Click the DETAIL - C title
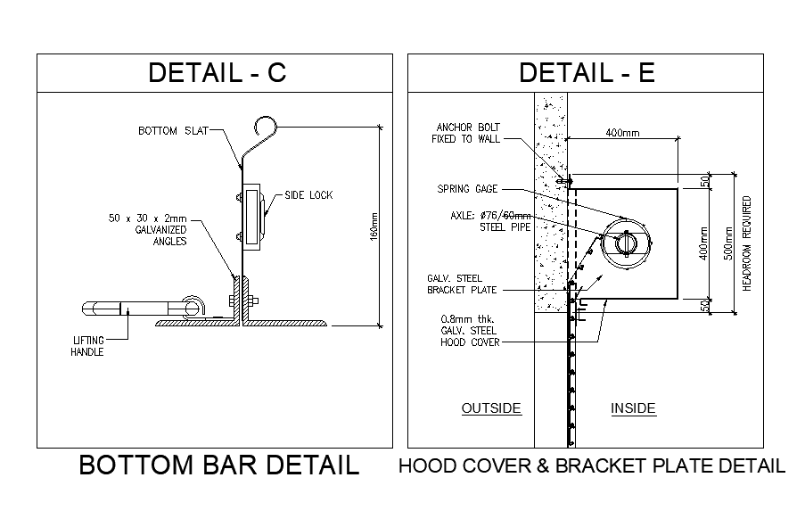click(x=217, y=73)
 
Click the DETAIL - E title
click(x=587, y=73)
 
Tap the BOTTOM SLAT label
click(x=173, y=131)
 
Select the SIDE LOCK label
click(x=308, y=195)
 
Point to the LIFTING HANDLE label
click(x=87, y=345)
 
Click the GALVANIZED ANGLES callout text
click(x=148, y=230)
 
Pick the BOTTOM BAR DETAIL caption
click(x=219, y=465)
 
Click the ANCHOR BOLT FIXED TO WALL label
click(x=465, y=133)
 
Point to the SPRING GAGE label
click(x=467, y=189)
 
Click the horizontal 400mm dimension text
click(x=622, y=133)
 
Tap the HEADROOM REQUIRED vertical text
click(x=747, y=243)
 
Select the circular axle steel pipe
click(x=626, y=241)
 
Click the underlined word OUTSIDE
click(x=490, y=408)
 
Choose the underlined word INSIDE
click(x=633, y=408)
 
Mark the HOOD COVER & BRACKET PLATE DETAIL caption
click(x=592, y=465)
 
